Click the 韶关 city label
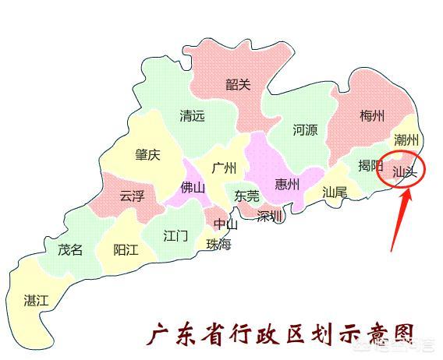238,84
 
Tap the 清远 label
192,116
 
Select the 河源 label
305,130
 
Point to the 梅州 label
372,117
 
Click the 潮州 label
406,140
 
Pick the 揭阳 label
370,165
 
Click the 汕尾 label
335,192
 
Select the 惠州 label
288,185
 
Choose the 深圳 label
270,216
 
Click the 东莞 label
247,196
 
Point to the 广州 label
223,168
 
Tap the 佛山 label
192,188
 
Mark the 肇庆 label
147,155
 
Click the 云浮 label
132,196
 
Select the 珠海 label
219,244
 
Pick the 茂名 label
70,250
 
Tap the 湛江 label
37,300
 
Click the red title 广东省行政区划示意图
280,335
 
